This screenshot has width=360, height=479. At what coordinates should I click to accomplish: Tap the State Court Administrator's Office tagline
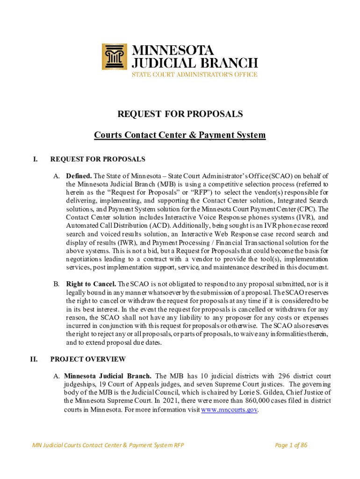(x=194, y=73)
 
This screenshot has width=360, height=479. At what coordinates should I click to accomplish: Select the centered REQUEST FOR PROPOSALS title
(x=180, y=114)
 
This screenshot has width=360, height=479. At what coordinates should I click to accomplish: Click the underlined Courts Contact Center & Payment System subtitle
(x=180, y=135)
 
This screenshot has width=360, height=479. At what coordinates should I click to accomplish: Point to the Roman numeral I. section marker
(x=36, y=159)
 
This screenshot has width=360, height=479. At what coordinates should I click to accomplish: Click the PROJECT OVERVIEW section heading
(x=88, y=359)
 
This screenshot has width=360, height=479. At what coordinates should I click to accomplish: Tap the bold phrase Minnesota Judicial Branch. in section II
(x=108, y=376)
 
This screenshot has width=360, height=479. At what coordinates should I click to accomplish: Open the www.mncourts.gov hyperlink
(x=230, y=410)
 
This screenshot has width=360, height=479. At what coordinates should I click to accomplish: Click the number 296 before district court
(x=285, y=376)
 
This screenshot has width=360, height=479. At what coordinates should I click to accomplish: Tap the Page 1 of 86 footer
(x=291, y=445)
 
